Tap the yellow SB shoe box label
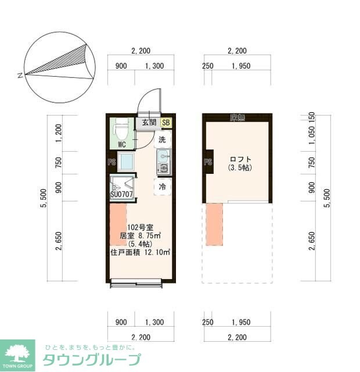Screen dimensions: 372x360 click(166, 123)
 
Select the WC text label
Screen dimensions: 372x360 click(122, 144)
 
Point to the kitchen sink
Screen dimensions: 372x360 click(163, 155)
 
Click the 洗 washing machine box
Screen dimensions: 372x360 click(163, 139)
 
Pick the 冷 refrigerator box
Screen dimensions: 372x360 click(163, 187)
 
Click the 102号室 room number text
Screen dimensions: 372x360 click(140, 227)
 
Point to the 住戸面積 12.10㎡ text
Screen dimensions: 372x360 click(140, 252)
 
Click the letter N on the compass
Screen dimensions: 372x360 click(20, 75)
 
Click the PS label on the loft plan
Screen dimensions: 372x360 click(207, 162)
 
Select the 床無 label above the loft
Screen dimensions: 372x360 click(237, 118)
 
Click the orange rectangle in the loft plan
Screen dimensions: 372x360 click(214, 224)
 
